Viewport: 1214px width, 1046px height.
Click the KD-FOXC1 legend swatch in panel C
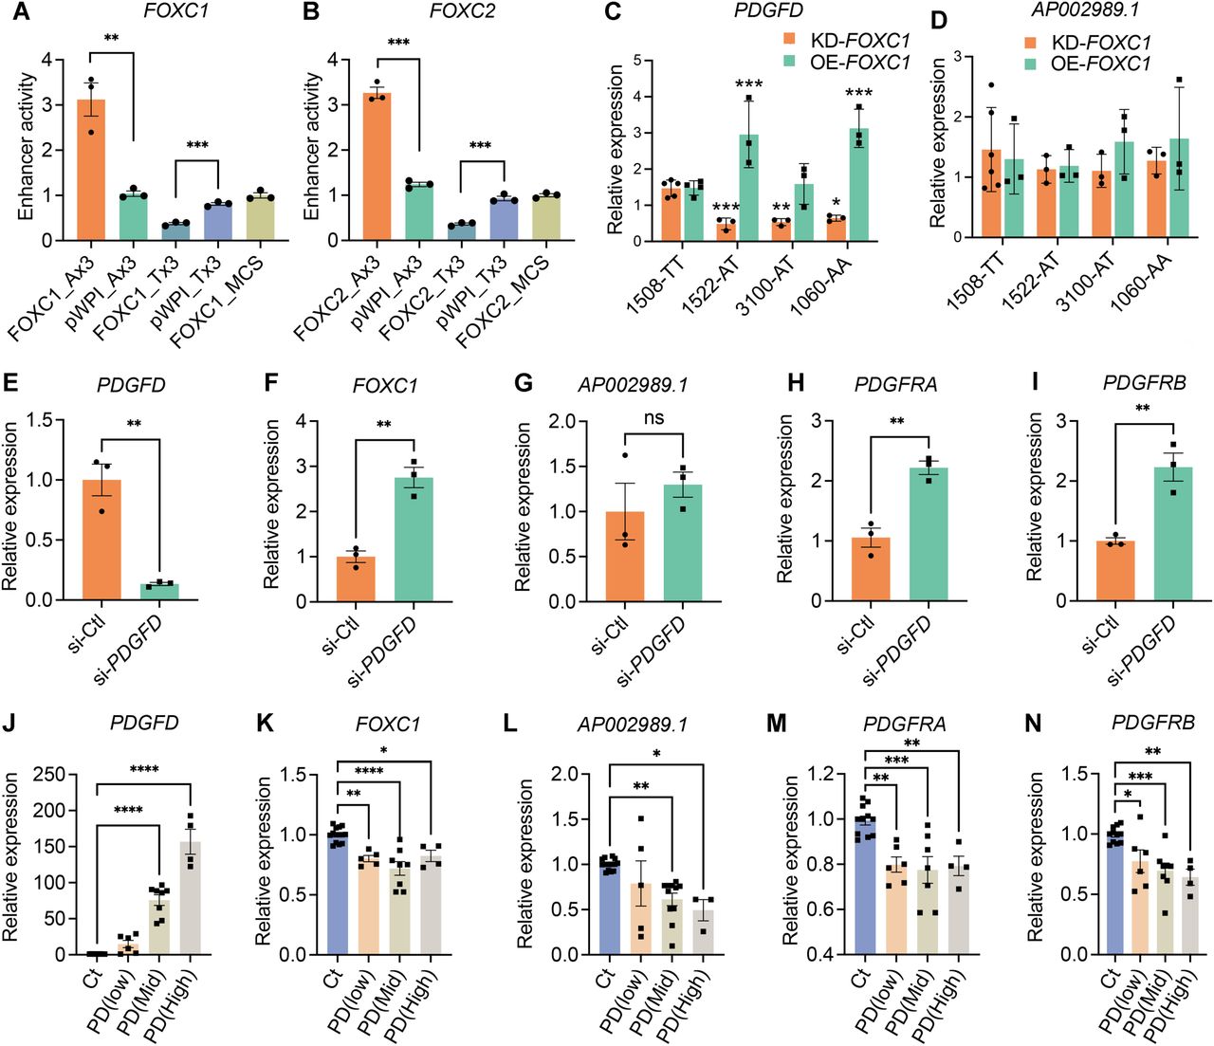pos(789,41)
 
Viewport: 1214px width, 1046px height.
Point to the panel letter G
pos(523,384)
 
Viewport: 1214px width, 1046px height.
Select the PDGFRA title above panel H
pos(894,385)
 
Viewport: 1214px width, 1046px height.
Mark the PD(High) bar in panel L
pos(702,932)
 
